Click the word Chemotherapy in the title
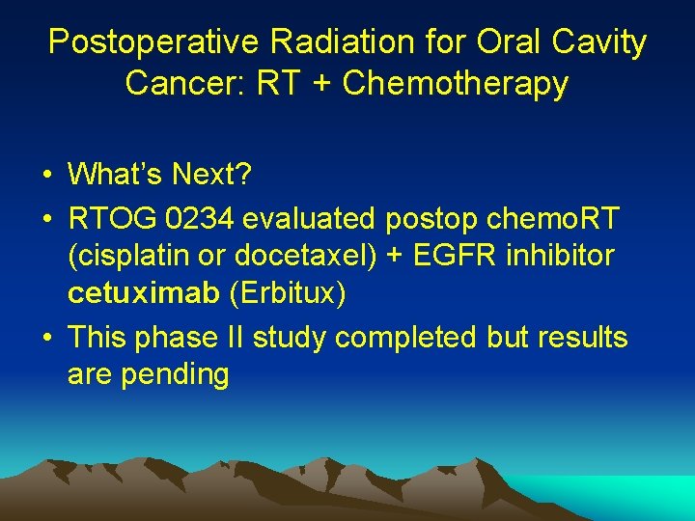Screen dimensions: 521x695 (455, 84)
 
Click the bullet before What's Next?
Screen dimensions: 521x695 (45, 176)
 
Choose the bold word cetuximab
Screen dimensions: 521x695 (144, 293)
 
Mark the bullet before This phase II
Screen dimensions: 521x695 (45, 339)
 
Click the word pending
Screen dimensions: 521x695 (175, 374)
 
